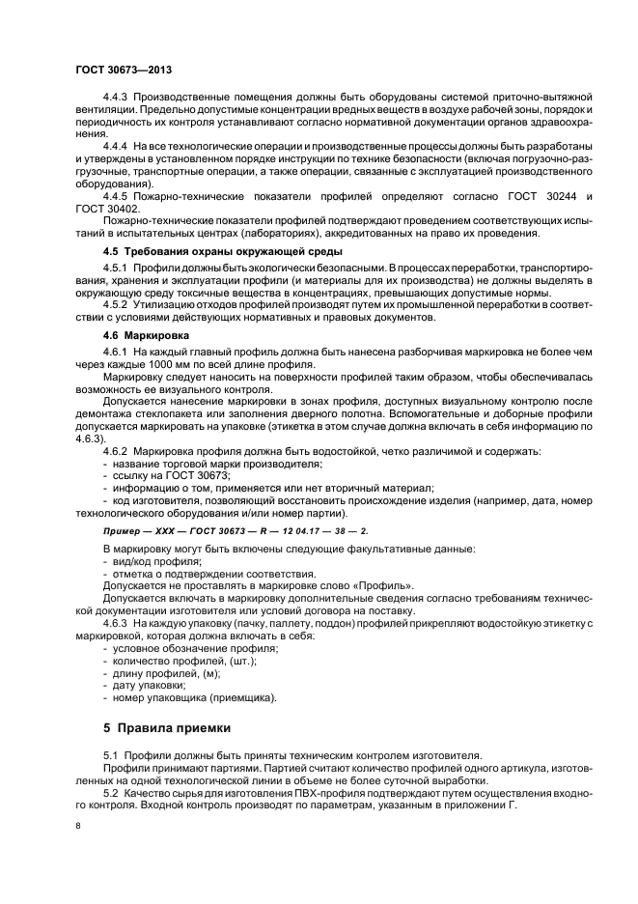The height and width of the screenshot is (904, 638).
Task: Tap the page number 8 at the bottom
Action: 78,826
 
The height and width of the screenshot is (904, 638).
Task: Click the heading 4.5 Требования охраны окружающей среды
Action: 196,251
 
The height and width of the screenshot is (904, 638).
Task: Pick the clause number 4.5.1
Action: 115,268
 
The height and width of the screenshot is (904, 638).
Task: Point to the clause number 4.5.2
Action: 115,305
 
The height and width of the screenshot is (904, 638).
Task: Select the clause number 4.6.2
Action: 115,452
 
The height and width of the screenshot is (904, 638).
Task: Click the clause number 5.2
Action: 109,790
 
